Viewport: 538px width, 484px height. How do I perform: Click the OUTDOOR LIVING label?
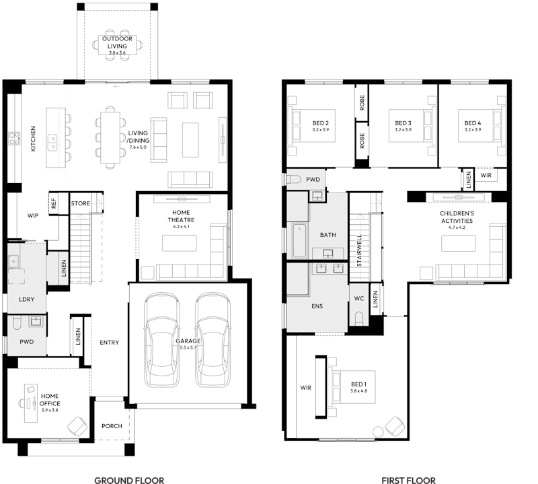pyautogui.click(x=118, y=42)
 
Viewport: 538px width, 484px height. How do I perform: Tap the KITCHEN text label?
pyautogui.click(x=34, y=138)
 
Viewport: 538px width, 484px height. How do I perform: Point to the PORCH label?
pyautogui.click(x=112, y=426)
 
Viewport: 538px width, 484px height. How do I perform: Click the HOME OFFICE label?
pyautogui.click(x=49, y=400)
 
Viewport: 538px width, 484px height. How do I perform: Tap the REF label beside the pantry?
pyautogui.click(x=53, y=202)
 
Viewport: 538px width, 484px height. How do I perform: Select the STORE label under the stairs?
pyautogui.click(x=81, y=203)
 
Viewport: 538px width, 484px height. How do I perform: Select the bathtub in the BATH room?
pyautogui.click(x=299, y=241)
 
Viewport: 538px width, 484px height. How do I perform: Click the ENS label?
pyautogui.click(x=317, y=306)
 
